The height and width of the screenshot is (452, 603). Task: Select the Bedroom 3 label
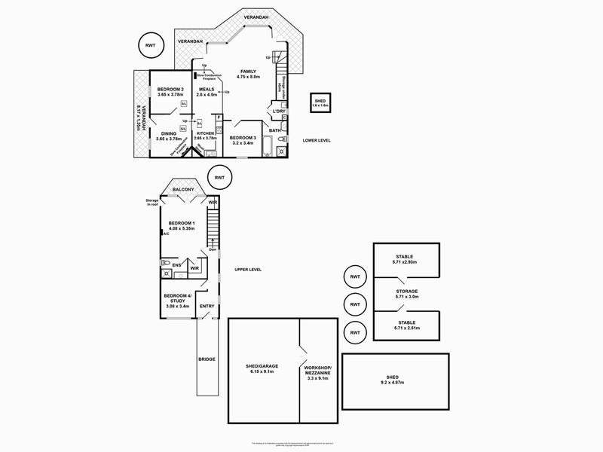[243, 140]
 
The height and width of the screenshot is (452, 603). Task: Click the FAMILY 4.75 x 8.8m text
[247, 74]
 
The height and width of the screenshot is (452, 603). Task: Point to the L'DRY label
[279, 112]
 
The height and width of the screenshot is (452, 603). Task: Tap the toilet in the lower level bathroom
[282, 151]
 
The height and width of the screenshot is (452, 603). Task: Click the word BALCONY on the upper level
[183, 190]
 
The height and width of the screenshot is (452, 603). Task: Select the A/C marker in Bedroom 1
[164, 234]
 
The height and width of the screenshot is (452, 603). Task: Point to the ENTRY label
[207, 306]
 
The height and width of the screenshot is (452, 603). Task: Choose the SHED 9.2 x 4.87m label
[393, 379]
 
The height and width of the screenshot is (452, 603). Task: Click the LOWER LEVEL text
[317, 141]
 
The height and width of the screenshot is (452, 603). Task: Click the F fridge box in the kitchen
[218, 118]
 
